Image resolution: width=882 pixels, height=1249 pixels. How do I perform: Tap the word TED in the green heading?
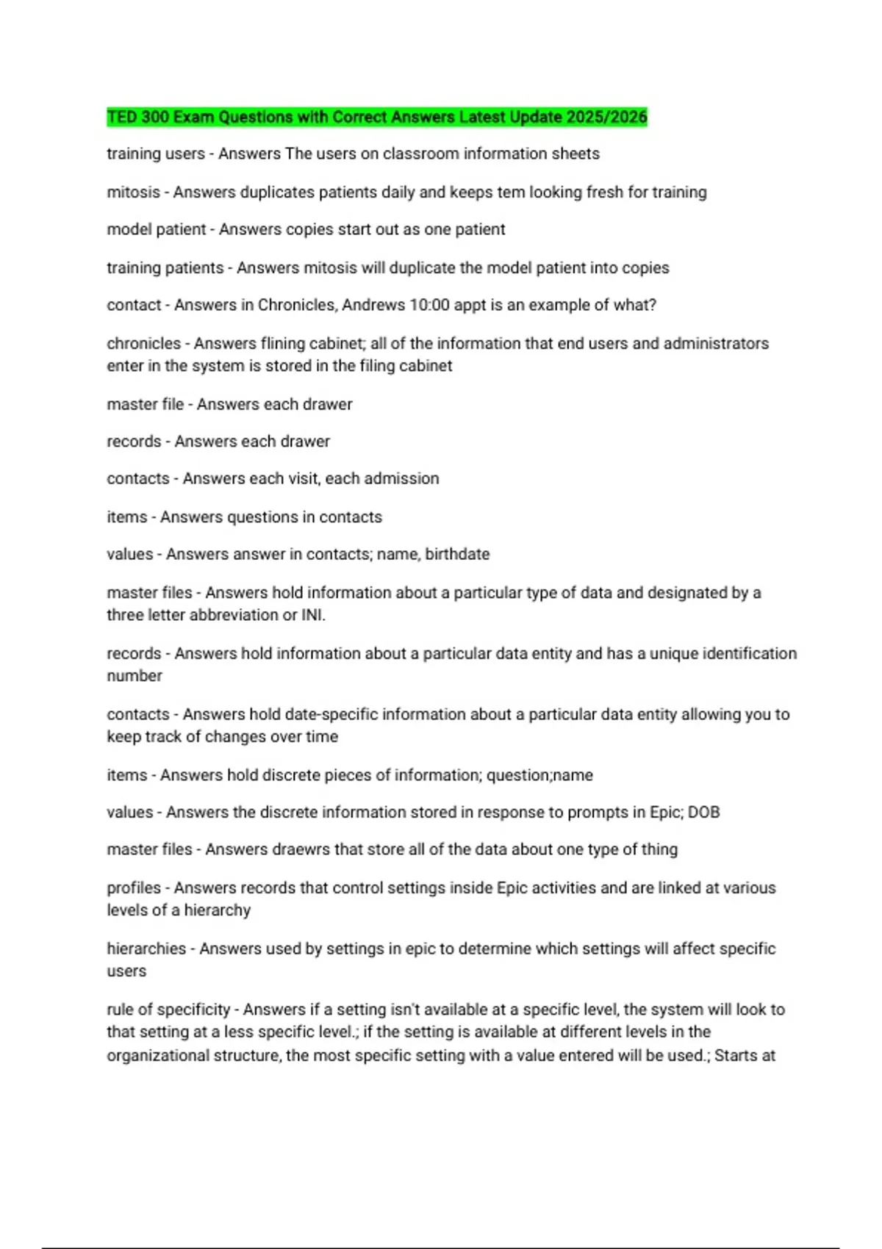[122, 117]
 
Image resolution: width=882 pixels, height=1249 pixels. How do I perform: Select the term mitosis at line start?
[133, 192]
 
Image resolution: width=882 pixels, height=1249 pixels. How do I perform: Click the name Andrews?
[373, 306]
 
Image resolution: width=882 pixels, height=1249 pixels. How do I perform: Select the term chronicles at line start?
[143, 344]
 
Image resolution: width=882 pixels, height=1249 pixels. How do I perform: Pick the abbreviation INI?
[312, 616]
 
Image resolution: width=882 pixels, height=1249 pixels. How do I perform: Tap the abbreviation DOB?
[703, 813]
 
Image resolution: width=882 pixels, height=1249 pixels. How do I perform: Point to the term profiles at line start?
[134, 888]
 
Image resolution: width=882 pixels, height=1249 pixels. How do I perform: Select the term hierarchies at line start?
[146, 949]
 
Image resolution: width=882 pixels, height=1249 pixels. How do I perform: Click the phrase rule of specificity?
[168, 1010]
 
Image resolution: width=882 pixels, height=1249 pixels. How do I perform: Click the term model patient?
[157, 230]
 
